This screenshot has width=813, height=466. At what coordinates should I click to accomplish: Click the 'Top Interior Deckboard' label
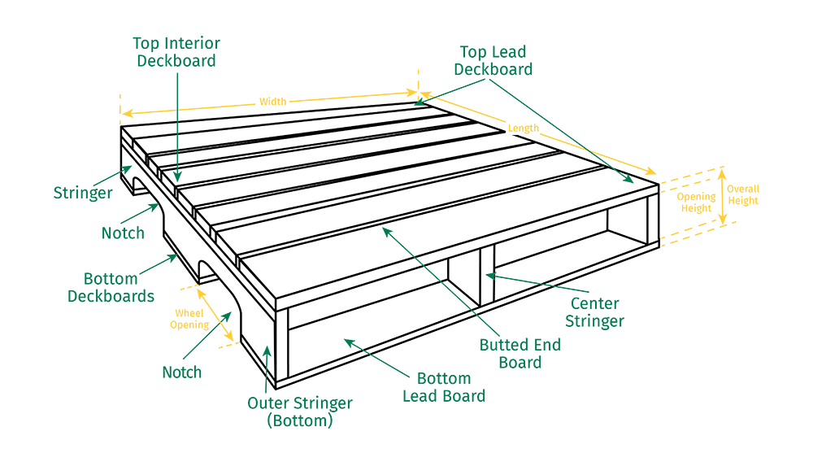click(x=176, y=52)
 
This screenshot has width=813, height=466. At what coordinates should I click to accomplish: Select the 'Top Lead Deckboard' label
click(x=493, y=61)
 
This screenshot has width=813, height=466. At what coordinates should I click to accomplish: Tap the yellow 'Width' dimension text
click(x=272, y=101)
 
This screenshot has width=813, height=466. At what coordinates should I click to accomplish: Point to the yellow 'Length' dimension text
click(x=523, y=128)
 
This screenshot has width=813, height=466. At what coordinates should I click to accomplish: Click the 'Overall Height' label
click(x=743, y=194)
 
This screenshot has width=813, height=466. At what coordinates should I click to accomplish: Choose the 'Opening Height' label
click(x=697, y=203)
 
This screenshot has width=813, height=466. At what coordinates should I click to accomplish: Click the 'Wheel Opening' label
click(x=189, y=319)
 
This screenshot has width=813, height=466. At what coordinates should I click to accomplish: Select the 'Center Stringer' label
click(x=595, y=311)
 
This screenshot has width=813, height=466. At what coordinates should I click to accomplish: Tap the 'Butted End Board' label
click(x=520, y=354)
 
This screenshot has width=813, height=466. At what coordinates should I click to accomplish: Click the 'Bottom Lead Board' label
click(x=444, y=387)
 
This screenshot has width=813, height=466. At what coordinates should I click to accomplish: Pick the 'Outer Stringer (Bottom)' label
click(x=300, y=412)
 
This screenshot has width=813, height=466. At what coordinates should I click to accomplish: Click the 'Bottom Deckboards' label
click(x=111, y=287)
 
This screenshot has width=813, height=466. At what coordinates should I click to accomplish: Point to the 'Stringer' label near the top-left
click(x=83, y=193)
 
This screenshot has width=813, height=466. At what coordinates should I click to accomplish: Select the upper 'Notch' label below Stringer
click(x=123, y=233)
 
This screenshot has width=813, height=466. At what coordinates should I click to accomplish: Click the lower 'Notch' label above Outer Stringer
click(x=181, y=372)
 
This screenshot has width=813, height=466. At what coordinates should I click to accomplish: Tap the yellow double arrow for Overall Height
click(x=722, y=197)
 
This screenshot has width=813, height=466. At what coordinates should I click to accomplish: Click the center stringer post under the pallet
click(x=487, y=275)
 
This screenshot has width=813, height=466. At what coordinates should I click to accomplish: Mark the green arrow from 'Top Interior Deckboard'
click(x=177, y=127)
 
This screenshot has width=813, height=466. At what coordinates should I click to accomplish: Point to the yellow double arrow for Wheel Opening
click(x=215, y=315)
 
